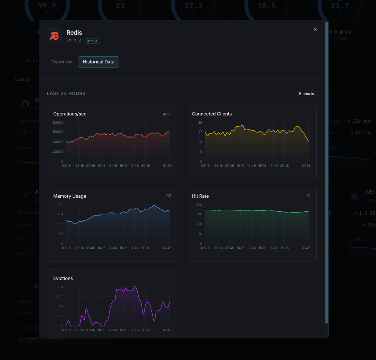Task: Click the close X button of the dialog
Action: [315, 29]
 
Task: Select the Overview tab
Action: [62, 62]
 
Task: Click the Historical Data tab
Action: [99, 62]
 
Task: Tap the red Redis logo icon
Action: [54, 36]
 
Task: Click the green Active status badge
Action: [92, 41]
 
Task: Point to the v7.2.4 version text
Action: [74, 41]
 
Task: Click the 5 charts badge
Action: [307, 94]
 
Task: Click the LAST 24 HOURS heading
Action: [66, 94]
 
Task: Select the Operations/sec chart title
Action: [70, 114]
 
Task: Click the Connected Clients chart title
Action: [212, 114]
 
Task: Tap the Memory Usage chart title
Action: [70, 196]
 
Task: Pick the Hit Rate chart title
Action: [200, 196]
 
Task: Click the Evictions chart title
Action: [63, 278]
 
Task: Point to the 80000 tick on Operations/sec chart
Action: [58, 123]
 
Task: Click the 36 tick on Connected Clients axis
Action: [200, 123]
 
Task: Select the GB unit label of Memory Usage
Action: [169, 196]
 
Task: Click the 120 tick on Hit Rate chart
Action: [199, 205]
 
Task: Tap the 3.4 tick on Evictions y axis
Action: [60, 287]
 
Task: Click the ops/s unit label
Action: [166, 114]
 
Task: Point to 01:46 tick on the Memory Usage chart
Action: [167, 248]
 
